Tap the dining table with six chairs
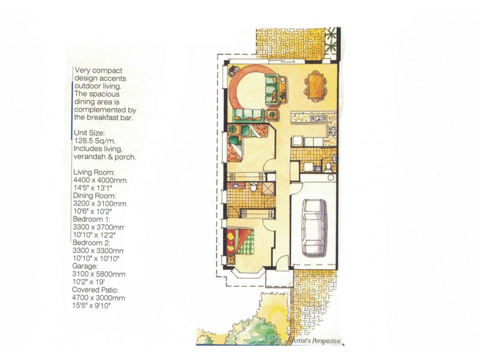click(314, 83)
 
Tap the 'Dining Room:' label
click(96, 196)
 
